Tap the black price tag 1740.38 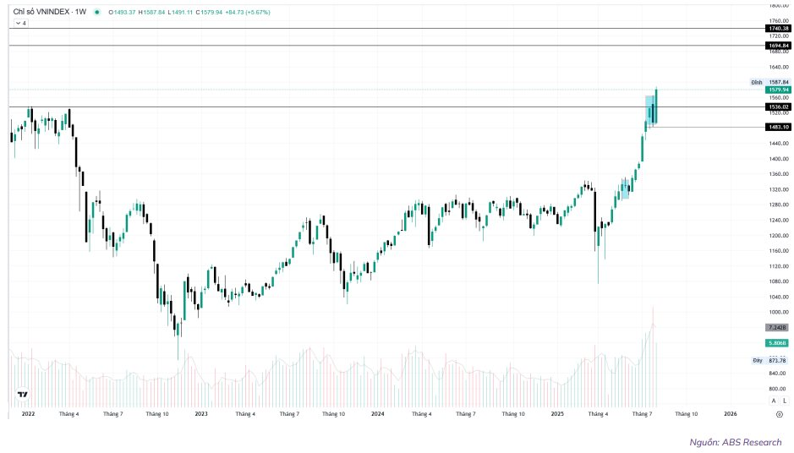[777, 28]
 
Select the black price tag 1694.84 [777, 45]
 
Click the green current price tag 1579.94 [777, 90]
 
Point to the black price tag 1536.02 [777, 106]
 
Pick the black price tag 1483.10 [777, 127]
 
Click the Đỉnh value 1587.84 [779, 82]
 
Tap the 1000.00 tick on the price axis [778, 312]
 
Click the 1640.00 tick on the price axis [778, 67]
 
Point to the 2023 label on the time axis [201, 414]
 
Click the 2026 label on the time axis [731, 414]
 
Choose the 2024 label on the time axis [378, 414]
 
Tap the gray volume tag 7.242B [777, 327]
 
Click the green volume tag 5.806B [777, 342]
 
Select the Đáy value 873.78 [778, 360]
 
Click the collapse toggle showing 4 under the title [20, 24]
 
